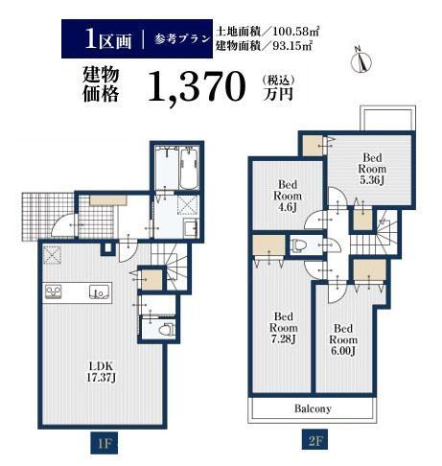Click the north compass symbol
(x=361, y=60)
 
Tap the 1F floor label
(x=105, y=443)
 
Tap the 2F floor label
(x=315, y=442)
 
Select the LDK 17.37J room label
(x=101, y=372)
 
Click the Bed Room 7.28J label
(x=284, y=328)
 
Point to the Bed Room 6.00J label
(x=343, y=339)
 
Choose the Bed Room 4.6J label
(x=288, y=196)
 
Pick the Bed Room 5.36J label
(x=372, y=169)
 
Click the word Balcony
(x=313, y=408)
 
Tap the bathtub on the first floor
(x=190, y=169)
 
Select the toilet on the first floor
(x=166, y=329)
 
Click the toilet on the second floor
(x=298, y=245)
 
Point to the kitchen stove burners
(x=53, y=292)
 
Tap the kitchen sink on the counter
(x=99, y=292)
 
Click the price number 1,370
(x=198, y=86)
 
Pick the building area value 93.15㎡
(x=292, y=46)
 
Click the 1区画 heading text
(x=108, y=40)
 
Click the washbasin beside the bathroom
(x=191, y=228)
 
